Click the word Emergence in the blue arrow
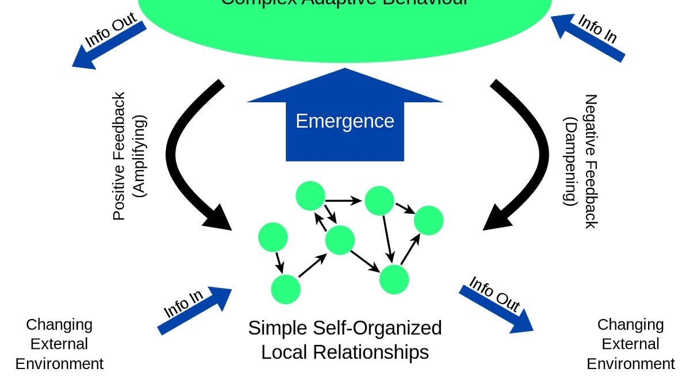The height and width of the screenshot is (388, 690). click(344, 121)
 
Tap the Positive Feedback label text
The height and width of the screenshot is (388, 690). click(119, 156)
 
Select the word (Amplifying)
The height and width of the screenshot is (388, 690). click(140, 156)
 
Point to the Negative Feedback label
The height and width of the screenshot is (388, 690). click(591, 161)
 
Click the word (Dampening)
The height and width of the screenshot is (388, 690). click(570, 161)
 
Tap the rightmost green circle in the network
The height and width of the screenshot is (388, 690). click(428, 220)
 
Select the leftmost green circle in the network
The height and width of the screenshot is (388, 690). click(273, 237)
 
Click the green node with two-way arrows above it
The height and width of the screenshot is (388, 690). click(340, 240)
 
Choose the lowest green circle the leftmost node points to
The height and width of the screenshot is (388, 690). click(286, 289)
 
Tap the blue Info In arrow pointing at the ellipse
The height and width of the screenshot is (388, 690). click(588, 38)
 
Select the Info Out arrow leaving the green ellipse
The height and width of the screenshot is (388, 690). click(109, 45)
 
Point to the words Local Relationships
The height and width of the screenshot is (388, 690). click(344, 352)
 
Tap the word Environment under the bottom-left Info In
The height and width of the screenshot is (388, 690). click(59, 364)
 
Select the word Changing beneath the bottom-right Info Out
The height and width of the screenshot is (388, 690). click(630, 325)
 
